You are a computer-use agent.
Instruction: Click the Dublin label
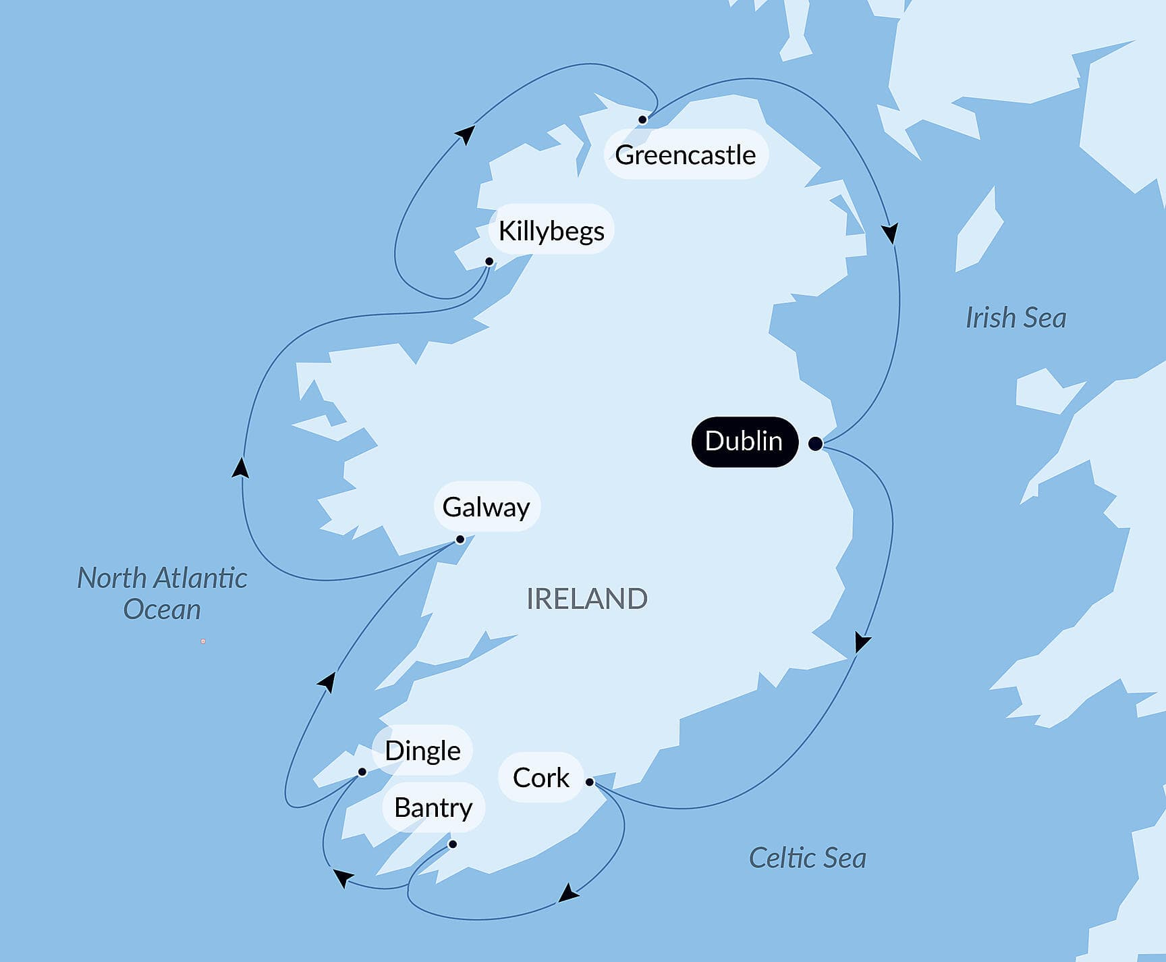744,442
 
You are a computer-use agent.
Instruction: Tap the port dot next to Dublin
815,444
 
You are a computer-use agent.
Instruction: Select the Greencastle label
686,155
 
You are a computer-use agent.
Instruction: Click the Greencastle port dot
642,119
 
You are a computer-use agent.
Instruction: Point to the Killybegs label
551,231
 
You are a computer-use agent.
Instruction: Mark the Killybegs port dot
489,261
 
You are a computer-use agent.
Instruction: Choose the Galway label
486,507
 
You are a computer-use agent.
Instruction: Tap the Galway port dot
460,539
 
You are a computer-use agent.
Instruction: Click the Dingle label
422,751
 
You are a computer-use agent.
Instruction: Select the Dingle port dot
362,772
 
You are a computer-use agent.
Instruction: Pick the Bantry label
433,807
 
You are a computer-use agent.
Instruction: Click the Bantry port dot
453,845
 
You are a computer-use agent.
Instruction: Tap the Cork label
540,778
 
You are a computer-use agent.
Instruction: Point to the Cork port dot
590,782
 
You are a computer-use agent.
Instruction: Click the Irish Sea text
1016,318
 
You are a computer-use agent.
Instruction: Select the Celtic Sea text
807,858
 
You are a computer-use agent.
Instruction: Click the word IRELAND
586,599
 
